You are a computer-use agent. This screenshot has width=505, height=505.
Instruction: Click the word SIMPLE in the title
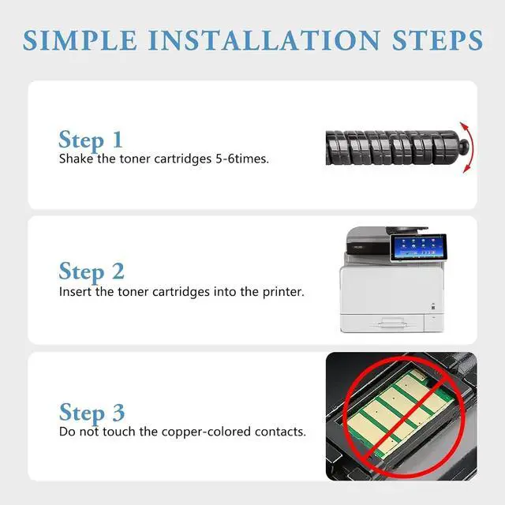pyautogui.click(x=80, y=40)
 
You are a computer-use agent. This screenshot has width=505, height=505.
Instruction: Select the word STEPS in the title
pyautogui.click(x=437, y=40)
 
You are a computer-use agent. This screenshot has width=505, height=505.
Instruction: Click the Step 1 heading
pyautogui.click(x=91, y=140)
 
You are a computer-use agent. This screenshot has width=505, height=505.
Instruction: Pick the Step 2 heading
pyautogui.click(x=92, y=271)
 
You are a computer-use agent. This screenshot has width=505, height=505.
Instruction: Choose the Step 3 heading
pyautogui.click(x=92, y=413)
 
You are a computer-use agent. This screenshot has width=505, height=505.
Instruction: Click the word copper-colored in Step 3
pyautogui.click(x=206, y=432)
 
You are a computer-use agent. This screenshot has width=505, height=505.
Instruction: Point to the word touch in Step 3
pyautogui.click(x=119, y=432)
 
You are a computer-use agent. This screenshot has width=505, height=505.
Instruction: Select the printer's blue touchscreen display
pyautogui.click(x=418, y=247)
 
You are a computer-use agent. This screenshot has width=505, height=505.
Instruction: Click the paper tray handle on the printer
pyautogui.click(x=391, y=322)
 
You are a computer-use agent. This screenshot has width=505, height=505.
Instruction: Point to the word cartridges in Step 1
pyautogui.click(x=183, y=159)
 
